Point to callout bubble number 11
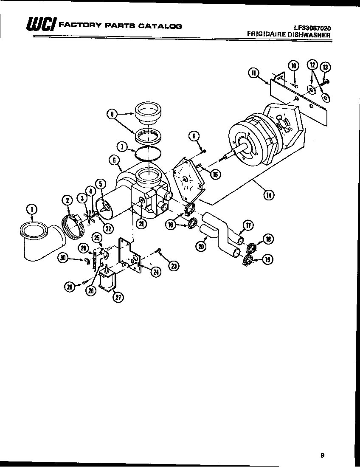pos(254,73)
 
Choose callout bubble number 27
pos(117,297)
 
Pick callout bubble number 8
pos(112,114)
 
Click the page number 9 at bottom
pos(323,455)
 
